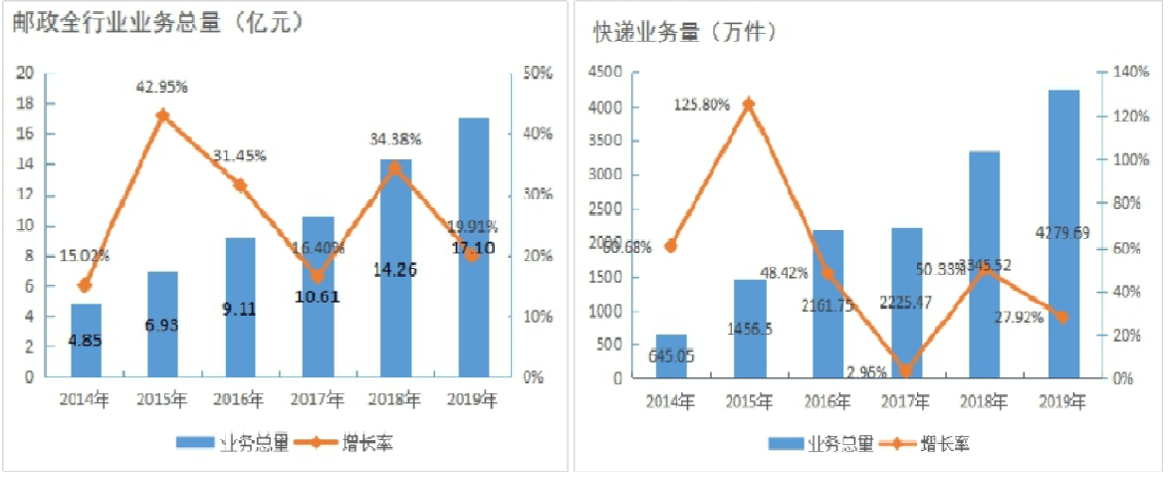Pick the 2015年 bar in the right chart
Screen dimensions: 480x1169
click(750, 329)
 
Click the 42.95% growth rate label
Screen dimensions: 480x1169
click(162, 87)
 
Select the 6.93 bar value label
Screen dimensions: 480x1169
click(162, 326)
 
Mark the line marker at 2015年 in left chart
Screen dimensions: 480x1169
click(163, 116)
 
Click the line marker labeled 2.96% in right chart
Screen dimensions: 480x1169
click(905, 371)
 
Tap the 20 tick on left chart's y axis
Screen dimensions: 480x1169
click(26, 73)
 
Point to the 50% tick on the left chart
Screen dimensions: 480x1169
click(539, 73)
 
